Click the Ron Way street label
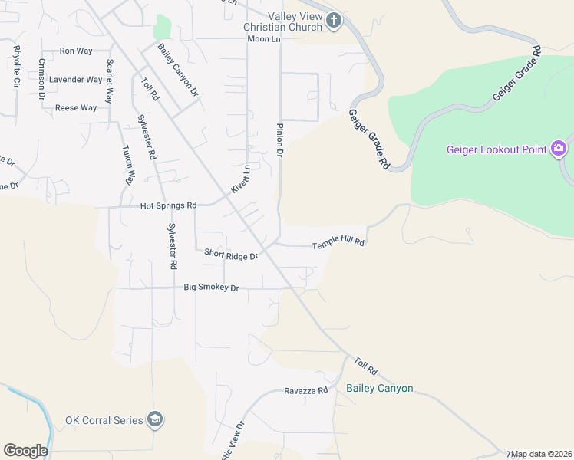coord(76,51)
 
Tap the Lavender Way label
coord(75,80)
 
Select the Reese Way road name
coord(76,108)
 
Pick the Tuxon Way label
coord(129,166)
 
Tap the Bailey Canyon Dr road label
coord(178,70)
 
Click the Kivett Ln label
coord(241,179)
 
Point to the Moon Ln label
coord(264,38)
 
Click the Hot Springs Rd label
coord(169,205)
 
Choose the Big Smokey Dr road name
coord(212,287)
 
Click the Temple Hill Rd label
coord(338,245)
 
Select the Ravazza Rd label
coord(305,390)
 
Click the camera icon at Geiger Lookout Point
coord(559,148)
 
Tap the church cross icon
coord(333,21)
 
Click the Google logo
coord(25,451)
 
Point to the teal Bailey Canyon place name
coord(379,388)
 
